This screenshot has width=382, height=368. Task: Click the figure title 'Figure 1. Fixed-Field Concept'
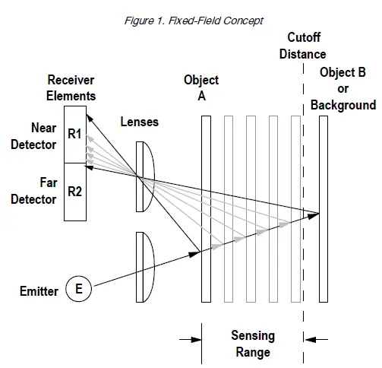194,21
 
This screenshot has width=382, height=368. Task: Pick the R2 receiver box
75,192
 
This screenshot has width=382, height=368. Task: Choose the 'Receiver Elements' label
71,88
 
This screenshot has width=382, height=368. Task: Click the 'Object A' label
201,87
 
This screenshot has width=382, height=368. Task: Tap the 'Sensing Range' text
253,344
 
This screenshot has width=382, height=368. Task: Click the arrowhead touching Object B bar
315,214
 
